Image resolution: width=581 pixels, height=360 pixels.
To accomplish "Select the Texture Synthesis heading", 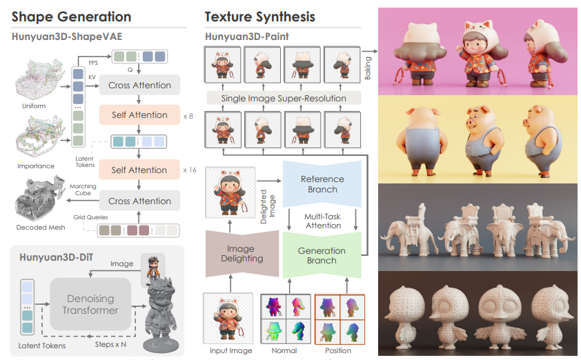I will pyautogui.click(x=260, y=17).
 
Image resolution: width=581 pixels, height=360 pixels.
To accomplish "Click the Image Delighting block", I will pyautogui.click(x=241, y=252).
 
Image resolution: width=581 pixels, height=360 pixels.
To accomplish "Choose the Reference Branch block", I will pyautogui.click(x=322, y=184).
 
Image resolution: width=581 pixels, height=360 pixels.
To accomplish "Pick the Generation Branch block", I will pyautogui.click(x=322, y=256).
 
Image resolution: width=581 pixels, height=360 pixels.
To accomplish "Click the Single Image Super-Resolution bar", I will pyautogui.click(x=283, y=99).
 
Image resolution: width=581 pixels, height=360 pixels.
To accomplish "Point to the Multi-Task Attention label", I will pyautogui.click(x=323, y=221).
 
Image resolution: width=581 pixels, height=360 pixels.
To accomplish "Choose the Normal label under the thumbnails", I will pyautogui.click(x=284, y=351).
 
